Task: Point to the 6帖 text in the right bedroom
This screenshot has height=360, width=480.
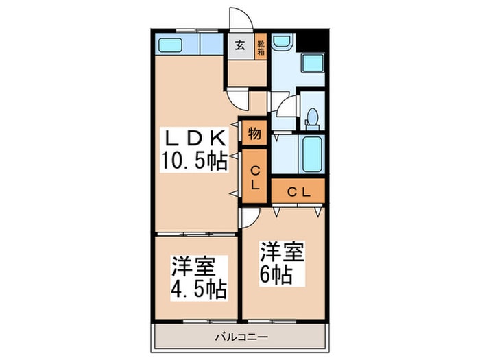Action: pos(276,276)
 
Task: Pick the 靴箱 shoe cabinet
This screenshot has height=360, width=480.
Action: pos(261,47)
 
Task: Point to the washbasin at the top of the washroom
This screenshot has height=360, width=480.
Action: pos(281,43)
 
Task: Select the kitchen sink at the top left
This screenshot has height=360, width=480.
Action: pos(169,45)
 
